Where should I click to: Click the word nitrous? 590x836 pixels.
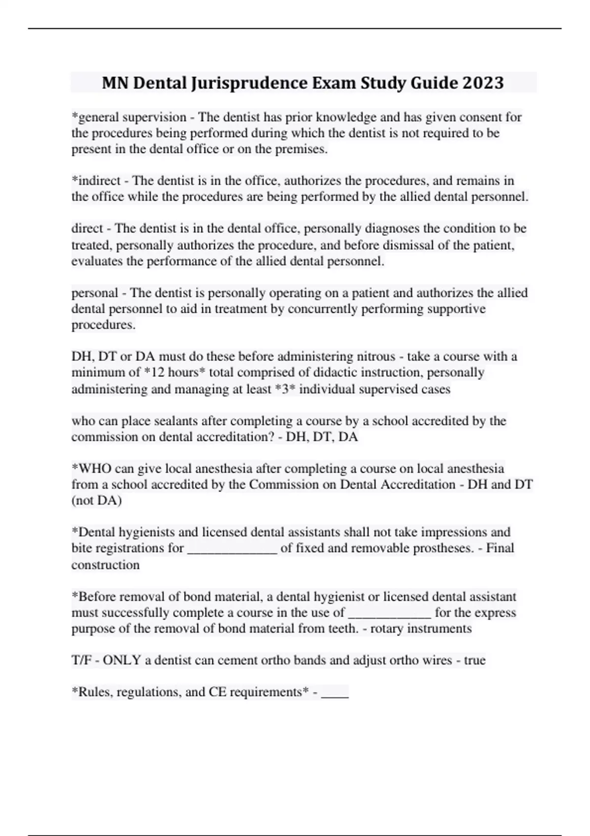(376, 356)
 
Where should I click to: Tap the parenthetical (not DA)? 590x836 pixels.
(97, 500)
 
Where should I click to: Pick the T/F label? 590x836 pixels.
(81, 660)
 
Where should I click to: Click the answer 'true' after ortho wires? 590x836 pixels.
(474, 660)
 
